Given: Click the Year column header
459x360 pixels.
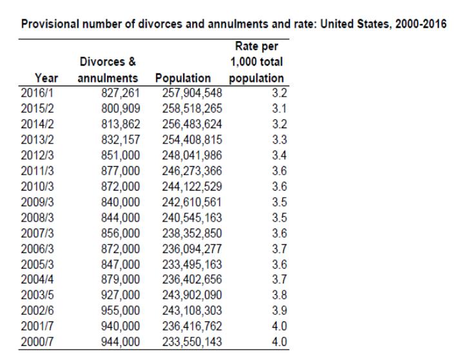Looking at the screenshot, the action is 46,78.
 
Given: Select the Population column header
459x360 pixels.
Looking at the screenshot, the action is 183,79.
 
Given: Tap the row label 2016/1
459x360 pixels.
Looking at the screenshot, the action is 37,93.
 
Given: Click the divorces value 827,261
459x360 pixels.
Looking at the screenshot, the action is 121,93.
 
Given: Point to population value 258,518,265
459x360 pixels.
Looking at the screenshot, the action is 192,108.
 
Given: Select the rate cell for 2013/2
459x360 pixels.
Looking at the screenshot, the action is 280,140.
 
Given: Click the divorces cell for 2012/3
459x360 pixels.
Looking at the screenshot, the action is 121,155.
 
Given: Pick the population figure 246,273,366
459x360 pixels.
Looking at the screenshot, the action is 192,171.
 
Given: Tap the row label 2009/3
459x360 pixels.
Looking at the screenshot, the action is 37,202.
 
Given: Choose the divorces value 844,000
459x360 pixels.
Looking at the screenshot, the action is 121,218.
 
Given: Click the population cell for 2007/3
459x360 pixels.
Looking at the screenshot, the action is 192,233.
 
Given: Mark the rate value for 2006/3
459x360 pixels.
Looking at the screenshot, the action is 280,249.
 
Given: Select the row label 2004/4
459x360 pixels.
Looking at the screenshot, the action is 37,279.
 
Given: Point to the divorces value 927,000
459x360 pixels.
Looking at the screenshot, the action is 121,295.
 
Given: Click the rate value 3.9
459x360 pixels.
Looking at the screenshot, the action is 280,310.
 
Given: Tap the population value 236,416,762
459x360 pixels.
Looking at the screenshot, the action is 192,326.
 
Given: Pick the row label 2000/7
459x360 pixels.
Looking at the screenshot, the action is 37,341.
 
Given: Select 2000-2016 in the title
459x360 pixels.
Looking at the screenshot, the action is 421,24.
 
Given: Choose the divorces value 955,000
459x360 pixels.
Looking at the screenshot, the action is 121,310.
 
